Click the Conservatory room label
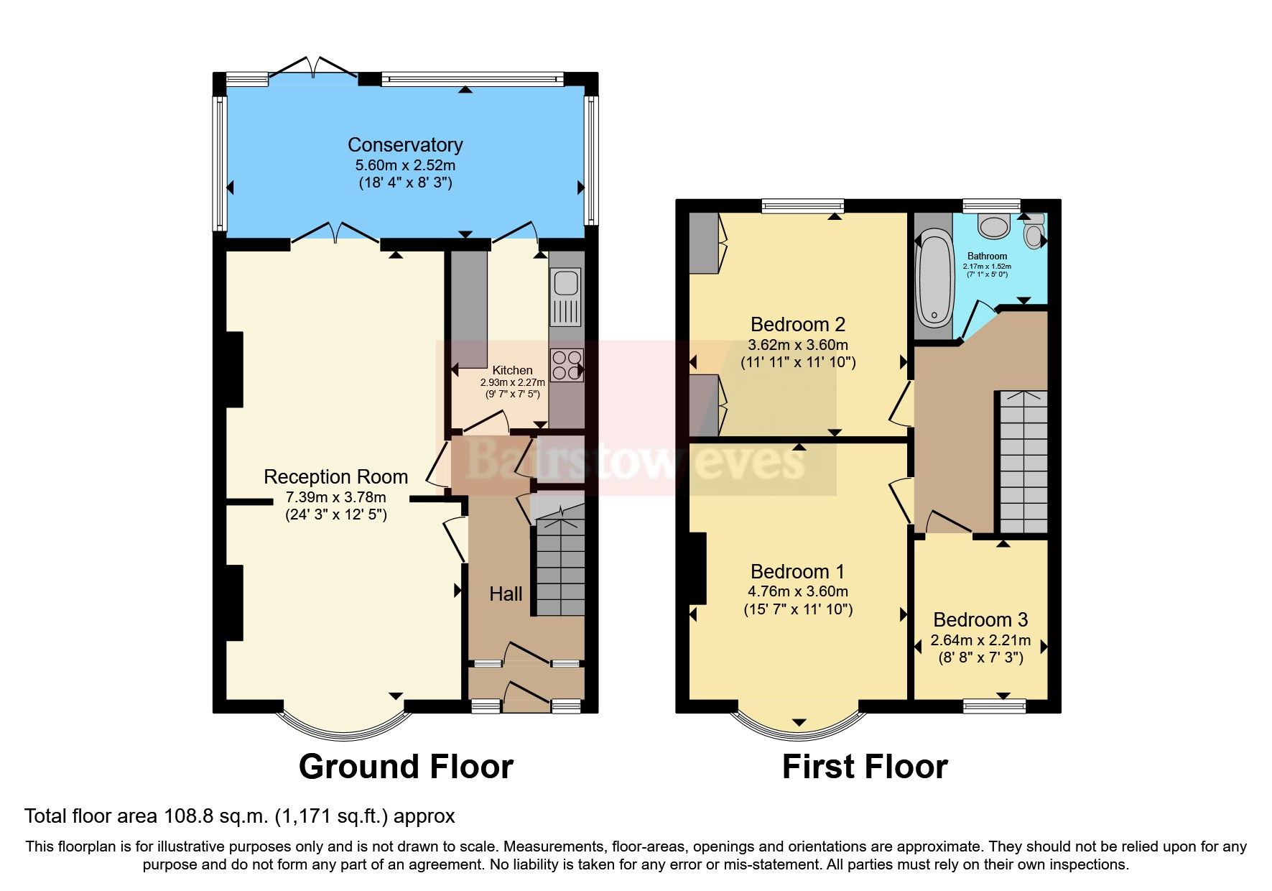405,145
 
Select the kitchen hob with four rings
566,365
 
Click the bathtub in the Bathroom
934,277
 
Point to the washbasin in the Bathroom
994,226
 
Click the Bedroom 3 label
980,619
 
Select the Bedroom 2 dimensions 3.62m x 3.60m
798,345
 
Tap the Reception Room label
335,477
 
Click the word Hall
506,594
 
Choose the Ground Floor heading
406,767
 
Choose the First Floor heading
865,767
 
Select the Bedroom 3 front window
995,707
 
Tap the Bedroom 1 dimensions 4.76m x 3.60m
798,592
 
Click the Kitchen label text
512,371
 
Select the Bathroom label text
987,257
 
